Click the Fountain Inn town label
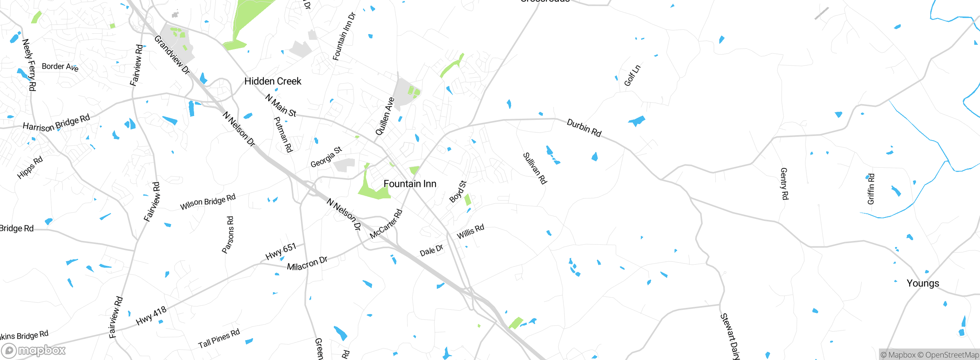pos(410,184)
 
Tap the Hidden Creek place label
pos(273,81)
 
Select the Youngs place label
pos(923,283)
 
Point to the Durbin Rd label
pos(584,128)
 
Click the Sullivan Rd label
pos(535,168)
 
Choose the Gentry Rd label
pos(784,183)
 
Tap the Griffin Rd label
pos(871,189)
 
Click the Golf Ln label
pos(632,75)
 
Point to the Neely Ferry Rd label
pos(29,65)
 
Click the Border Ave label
pos(60,67)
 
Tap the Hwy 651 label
pos(281,251)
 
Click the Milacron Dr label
pos(307,263)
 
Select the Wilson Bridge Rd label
pos(208,201)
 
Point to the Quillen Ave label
pos(385,116)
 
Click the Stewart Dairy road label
pos(730,336)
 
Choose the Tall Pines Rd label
pos(219,338)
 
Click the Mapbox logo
pos(34,350)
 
